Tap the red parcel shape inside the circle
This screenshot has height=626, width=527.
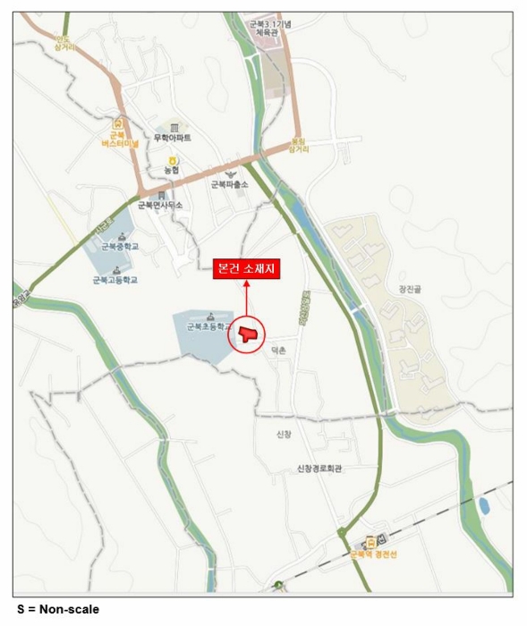(x=247, y=334)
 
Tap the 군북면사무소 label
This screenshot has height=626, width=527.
(x=160, y=205)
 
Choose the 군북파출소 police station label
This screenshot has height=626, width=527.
(x=229, y=184)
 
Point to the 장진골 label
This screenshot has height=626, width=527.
(x=409, y=288)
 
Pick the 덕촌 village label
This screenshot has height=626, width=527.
(x=278, y=351)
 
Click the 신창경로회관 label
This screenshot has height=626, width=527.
(x=320, y=468)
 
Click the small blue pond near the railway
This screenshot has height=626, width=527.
(x=484, y=505)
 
